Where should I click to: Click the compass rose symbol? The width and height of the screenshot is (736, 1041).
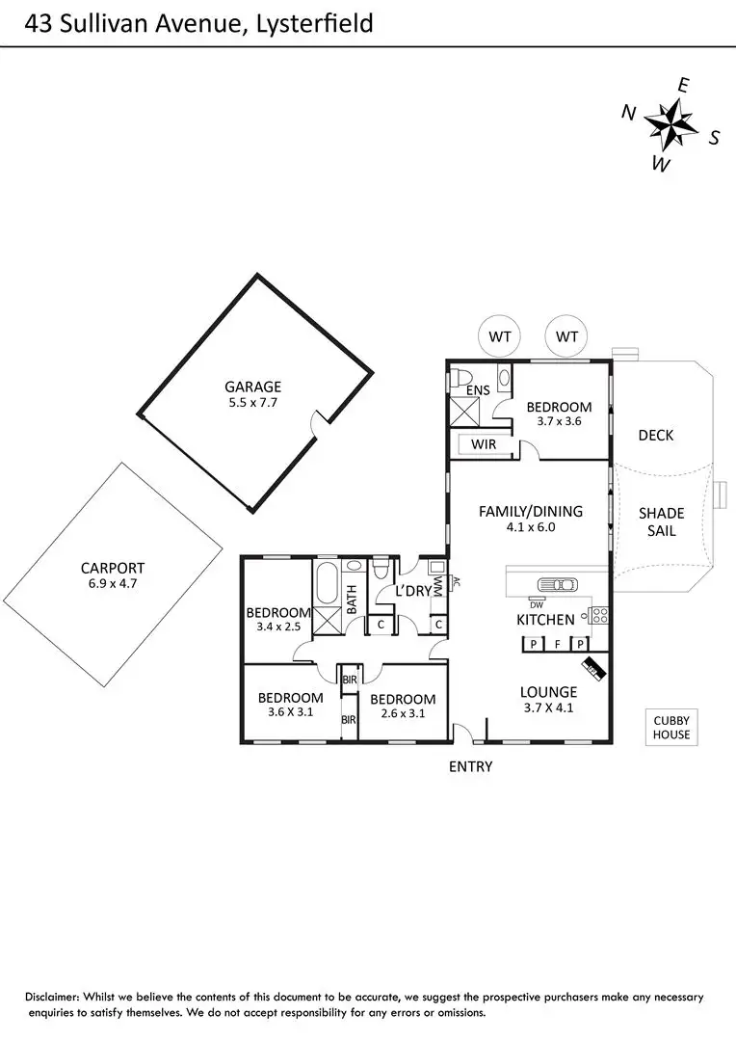point(670,123)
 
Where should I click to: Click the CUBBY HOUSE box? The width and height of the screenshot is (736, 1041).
point(671,728)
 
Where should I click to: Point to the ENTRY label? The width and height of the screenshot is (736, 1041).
point(470,767)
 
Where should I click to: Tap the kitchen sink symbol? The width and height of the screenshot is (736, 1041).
point(556,584)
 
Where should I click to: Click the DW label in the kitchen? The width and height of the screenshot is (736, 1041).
point(537,604)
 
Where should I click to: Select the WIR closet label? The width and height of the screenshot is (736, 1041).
point(484,445)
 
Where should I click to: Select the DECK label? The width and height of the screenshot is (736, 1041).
point(656,436)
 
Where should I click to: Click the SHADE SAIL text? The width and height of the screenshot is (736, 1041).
point(661,521)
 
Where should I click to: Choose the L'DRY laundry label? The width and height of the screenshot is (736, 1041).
point(411,591)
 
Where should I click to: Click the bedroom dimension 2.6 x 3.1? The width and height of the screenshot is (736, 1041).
point(402,714)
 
